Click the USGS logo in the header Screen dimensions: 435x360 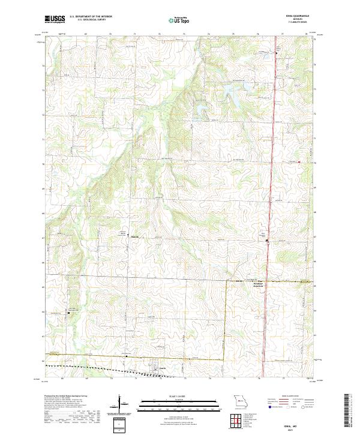click(55, 19)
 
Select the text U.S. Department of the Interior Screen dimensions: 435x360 click(91, 17)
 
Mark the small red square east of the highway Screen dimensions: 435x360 click(299, 161)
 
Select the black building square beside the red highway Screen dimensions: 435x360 click(268, 241)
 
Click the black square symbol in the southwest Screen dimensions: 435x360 click(68, 313)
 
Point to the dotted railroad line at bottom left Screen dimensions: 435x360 click(78, 365)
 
